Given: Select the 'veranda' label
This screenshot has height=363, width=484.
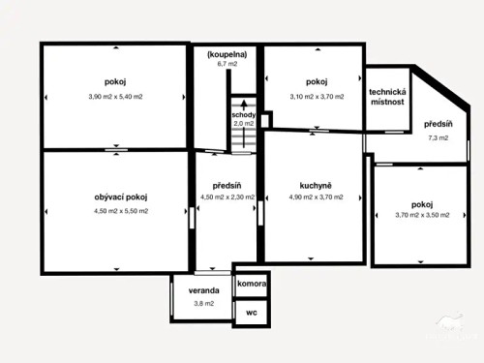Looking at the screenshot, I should pyautogui.click(x=203, y=290).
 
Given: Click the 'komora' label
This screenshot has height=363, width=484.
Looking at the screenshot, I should pyautogui.click(x=252, y=285).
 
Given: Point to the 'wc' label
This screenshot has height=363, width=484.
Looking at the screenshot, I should pyautogui.click(x=251, y=313).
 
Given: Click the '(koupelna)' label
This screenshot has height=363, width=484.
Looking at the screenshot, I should pyautogui.click(x=227, y=54).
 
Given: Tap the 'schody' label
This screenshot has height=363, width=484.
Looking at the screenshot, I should pyautogui.click(x=243, y=114).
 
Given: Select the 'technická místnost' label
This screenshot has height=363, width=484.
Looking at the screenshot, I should pyautogui.click(x=388, y=97).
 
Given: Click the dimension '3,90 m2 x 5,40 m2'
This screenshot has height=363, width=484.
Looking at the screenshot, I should pyautogui.click(x=115, y=97).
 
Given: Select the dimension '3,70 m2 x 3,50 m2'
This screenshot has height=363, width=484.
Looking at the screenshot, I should pyautogui.click(x=421, y=215).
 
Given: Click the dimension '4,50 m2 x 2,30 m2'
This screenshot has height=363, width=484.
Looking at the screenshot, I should pyautogui.click(x=227, y=197).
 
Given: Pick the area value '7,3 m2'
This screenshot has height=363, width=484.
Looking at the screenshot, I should pyautogui.click(x=438, y=137).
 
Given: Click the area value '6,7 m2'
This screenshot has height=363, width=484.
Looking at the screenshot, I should pyautogui.click(x=227, y=65).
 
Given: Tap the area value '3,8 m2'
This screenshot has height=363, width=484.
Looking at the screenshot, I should pyautogui.click(x=203, y=304).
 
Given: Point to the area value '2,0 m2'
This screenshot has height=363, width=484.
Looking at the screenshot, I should pyautogui.click(x=243, y=124).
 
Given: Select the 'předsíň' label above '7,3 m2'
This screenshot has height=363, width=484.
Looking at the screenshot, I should pyautogui.click(x=438, y=123).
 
